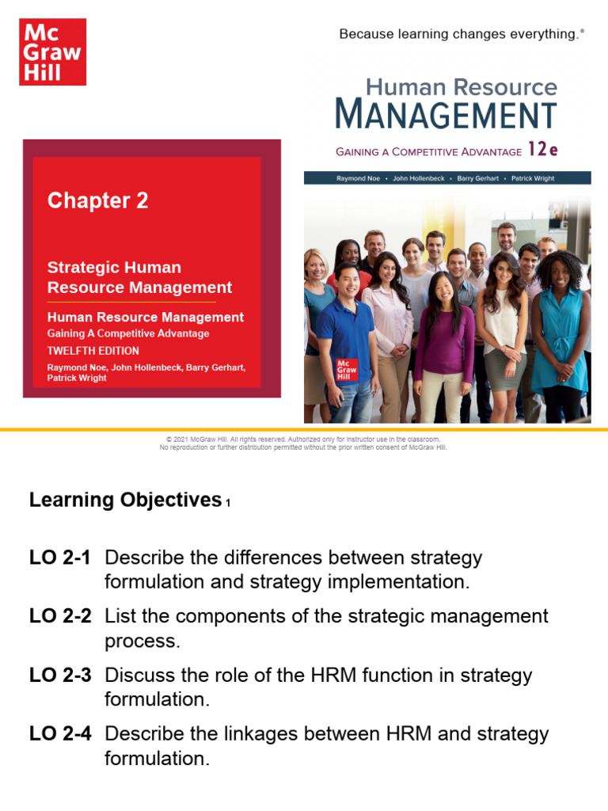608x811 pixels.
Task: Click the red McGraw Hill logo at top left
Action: click(51, 51)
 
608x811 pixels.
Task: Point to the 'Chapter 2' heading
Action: click(97, 201)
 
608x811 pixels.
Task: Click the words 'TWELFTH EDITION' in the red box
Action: click(93, 351)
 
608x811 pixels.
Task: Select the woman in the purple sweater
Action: click(444, 341)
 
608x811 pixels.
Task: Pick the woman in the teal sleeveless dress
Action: click(560, 333)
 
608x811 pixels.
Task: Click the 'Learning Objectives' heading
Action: click(125, 500)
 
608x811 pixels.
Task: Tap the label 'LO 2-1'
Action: click(60, 558)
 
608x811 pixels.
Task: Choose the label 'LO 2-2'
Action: click(60, 616)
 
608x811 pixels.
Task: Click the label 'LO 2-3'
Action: click(60, 676)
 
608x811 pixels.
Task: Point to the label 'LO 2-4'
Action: click(60, 734)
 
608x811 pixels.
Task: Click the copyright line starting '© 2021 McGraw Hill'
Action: click(303, 439)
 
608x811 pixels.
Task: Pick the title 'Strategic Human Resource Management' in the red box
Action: click(139, 277)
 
